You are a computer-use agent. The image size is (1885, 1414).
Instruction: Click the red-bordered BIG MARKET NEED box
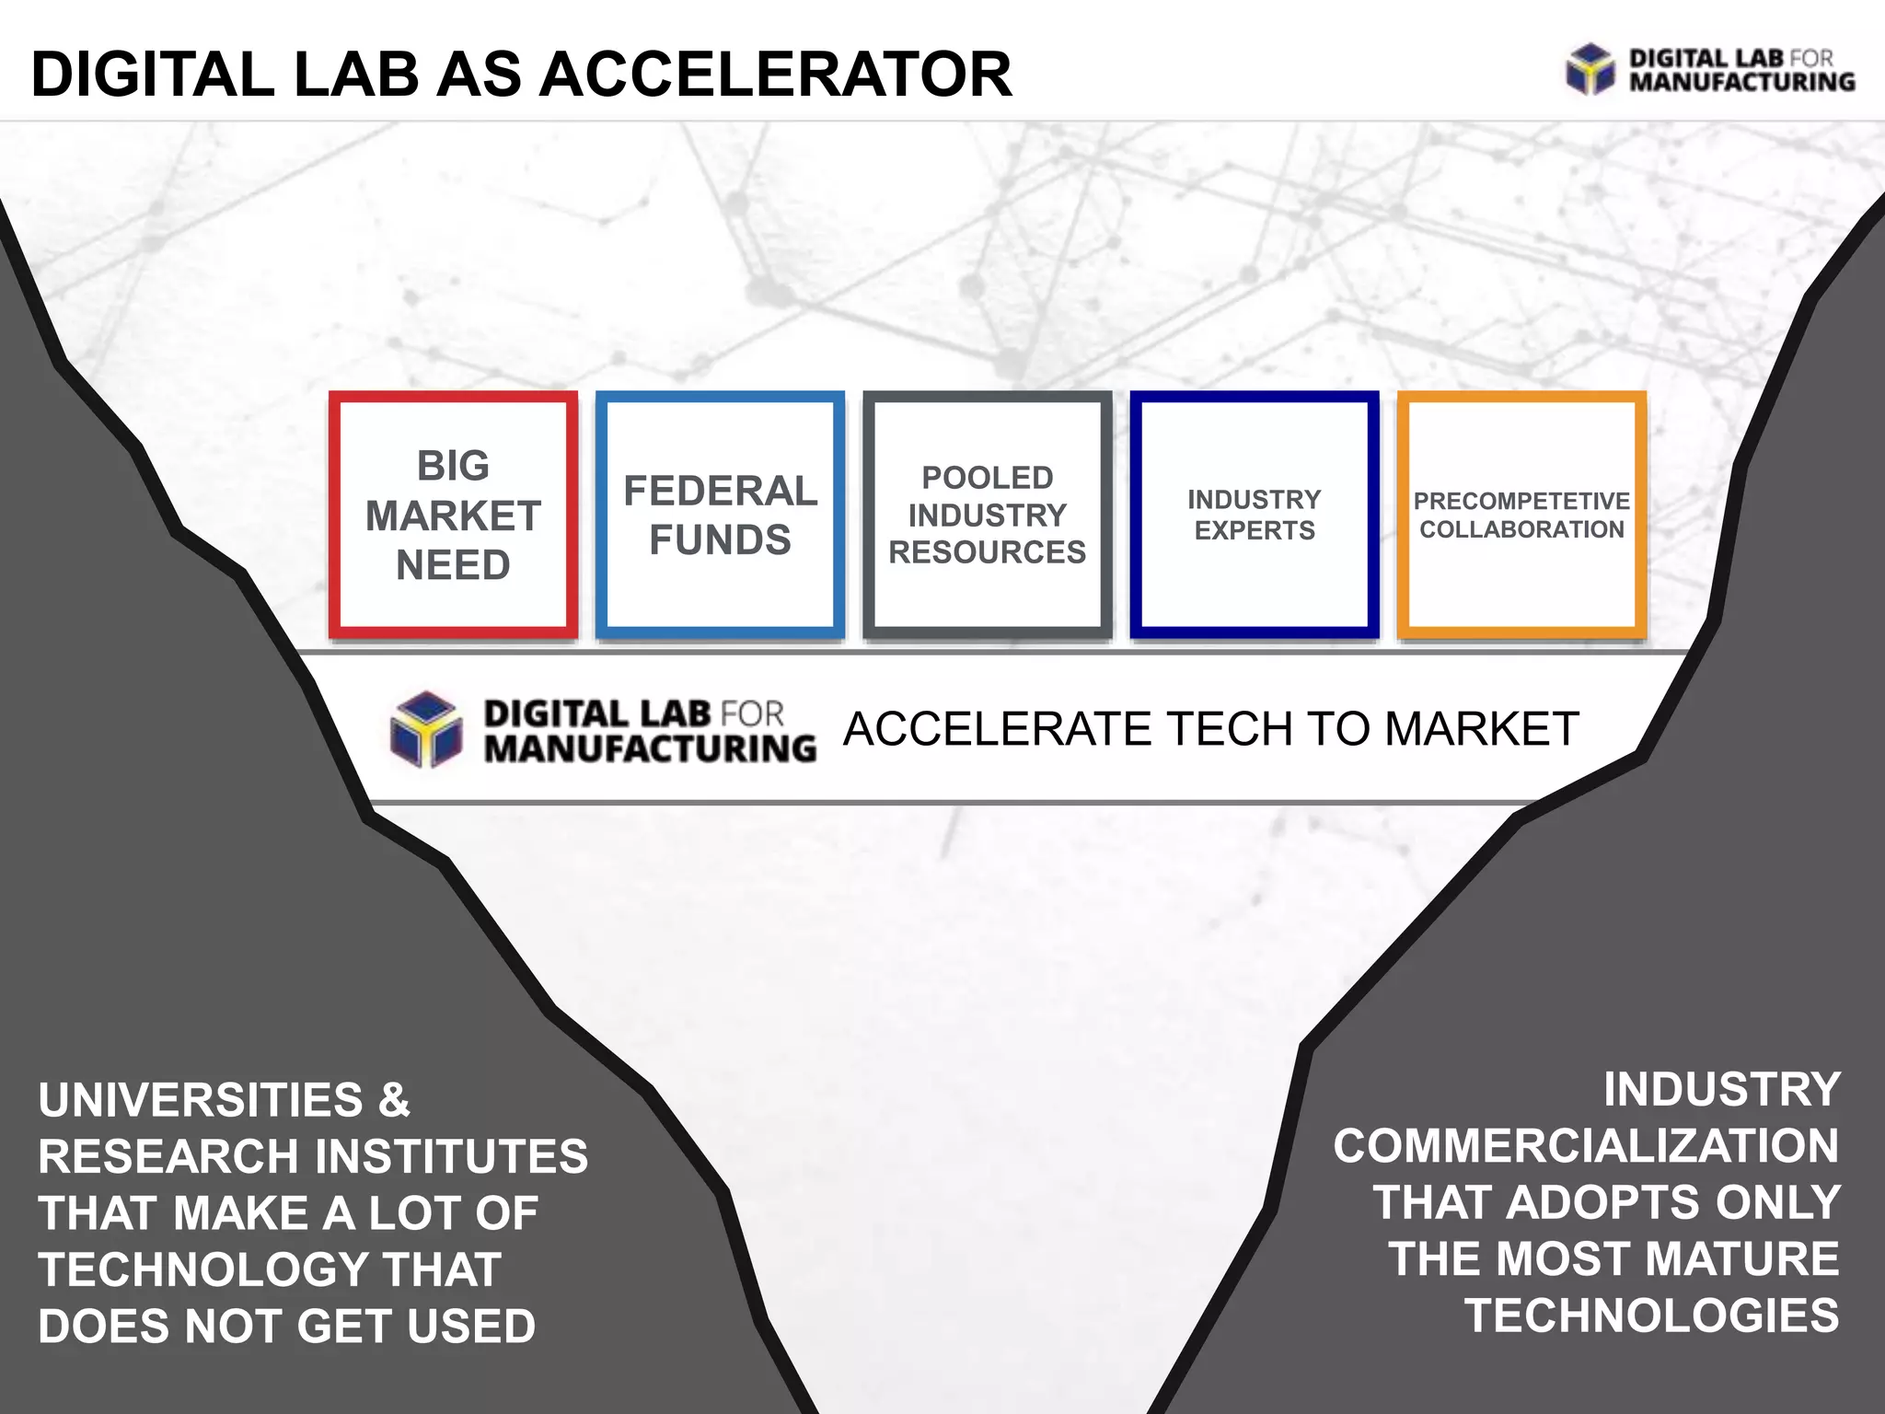click(453, 516)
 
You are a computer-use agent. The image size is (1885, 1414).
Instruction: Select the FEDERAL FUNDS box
click(720, 516)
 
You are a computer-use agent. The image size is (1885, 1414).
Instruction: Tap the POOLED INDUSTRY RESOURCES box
click(987, 516)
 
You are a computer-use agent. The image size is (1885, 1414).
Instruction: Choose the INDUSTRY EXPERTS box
click(1254, 516)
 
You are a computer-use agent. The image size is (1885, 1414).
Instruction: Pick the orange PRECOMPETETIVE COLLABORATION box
click(1521, 516)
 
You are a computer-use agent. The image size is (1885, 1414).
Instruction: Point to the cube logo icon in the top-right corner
click(1590, 69)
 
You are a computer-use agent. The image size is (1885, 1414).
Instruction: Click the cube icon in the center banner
click(425, 729)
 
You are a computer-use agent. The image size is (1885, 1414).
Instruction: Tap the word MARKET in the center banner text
click(1482, 729)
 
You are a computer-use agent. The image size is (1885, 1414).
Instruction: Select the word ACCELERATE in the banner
click(998, 729)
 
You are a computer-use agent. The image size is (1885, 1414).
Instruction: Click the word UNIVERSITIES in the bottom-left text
click(201, 1100)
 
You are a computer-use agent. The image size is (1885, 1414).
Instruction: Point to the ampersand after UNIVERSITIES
click(394, 1100)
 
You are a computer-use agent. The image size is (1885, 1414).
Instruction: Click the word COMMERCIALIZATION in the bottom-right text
click(1586, 1147)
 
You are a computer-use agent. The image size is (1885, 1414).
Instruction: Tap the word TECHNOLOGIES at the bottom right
click(1651, 1316)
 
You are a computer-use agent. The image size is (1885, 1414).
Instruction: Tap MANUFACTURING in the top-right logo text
click(1741, 82)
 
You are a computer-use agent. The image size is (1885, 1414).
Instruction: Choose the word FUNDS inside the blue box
click(720, 540)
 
